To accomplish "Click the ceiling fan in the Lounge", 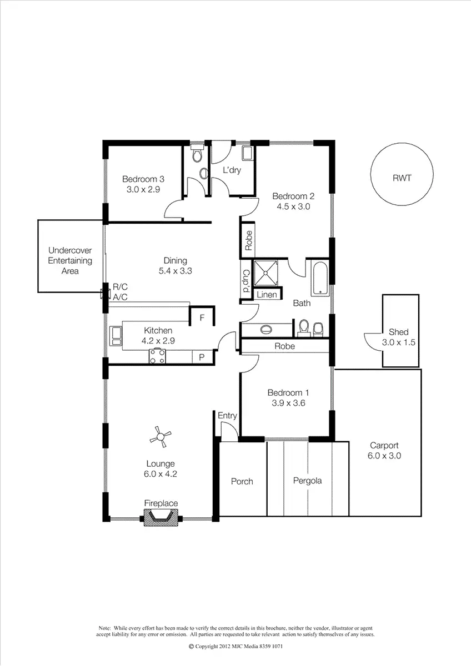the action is [161, 437].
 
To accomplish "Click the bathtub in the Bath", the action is [320, 277].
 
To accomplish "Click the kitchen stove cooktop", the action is [157, 356].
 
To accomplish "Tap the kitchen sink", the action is [117, 335].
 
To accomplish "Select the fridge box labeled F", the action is [202, 318].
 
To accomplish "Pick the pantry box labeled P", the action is [202, 357].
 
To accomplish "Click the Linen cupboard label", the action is [267, 294].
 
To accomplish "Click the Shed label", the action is [398, 332].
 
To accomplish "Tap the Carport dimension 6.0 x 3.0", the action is [384, 456].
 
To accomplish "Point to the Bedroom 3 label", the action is [143, 179].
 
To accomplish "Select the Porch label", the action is [242, 481].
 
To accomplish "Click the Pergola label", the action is [308, 481].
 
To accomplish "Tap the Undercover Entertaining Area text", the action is [70, 260].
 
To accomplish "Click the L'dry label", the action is [232, 170].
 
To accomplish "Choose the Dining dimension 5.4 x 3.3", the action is [175, 271].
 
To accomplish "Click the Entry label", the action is [227, 416].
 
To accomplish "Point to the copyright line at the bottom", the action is [235, 647].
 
